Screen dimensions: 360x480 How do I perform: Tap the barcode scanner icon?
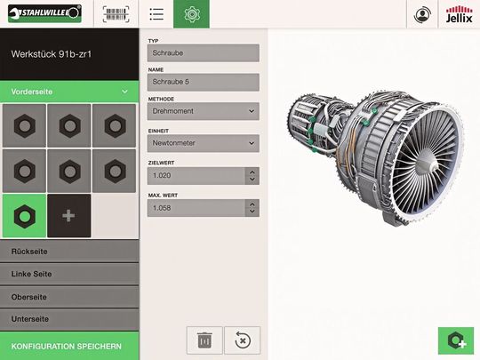[115, 14]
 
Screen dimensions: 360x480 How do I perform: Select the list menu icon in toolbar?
[156, 14]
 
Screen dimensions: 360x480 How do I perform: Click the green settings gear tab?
[191, 14]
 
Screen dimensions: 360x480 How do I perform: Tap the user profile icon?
[422, 14]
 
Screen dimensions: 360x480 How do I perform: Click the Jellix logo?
[460, 14]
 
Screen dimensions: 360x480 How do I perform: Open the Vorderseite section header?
[69, 92]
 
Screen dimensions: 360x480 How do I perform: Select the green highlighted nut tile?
[24, 216]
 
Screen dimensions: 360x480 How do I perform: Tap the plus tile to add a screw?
[68, 216]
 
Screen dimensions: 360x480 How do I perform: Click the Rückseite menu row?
[69, 252]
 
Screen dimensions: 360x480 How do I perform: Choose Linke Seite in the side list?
[69, 274]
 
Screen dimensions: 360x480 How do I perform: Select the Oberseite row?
[69, 296]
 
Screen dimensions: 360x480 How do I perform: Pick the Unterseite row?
[69, 318]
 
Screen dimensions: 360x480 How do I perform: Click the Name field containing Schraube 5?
[203, 82]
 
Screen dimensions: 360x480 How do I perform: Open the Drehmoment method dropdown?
[203, 111]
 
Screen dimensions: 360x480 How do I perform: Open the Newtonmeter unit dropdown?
[203, 143]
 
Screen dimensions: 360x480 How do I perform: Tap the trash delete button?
[204, 340]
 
